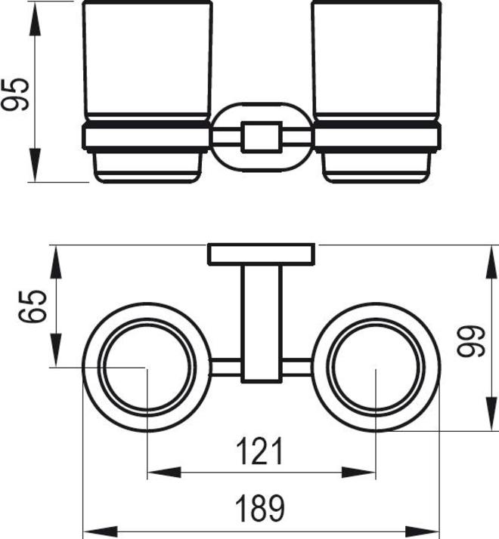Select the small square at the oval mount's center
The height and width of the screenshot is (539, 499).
261,137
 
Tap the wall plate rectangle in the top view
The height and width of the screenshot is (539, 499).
261,255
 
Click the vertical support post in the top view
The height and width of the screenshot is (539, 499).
261,321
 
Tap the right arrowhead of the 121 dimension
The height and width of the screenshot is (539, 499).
367,473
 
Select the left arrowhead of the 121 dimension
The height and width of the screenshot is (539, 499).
156,473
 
